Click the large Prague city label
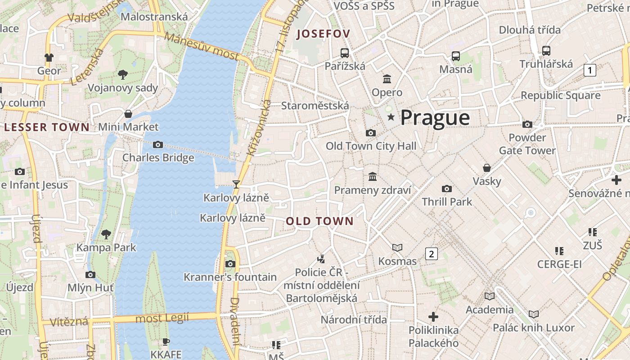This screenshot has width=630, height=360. (435, 118)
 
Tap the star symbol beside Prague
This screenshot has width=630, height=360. (391, 117)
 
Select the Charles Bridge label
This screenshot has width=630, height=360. (158, 157)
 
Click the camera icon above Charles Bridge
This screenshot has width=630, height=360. (158, 144)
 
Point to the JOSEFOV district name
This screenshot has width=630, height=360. (323, 34)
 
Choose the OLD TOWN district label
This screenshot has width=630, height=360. (319, 221)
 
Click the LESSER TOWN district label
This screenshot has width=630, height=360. (47, 127)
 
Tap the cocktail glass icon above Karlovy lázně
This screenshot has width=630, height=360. (235, 184)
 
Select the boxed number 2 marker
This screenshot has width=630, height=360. (432, 254)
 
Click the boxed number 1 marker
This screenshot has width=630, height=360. (589, 70)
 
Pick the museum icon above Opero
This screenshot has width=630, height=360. (387, 79)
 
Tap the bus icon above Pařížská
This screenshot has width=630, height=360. (345, 53)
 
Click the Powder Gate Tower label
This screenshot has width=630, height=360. (527, 144)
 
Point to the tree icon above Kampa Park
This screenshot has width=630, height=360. (106, 234)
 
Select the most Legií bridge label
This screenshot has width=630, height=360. (162, 318)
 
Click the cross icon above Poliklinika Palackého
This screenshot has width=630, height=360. (433, 317)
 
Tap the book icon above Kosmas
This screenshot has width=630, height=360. (397, 247)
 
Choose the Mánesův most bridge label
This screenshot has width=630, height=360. (201, 46)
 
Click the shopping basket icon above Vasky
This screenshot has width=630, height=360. (487, 168)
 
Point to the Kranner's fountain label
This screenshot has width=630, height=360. (230, 277)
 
